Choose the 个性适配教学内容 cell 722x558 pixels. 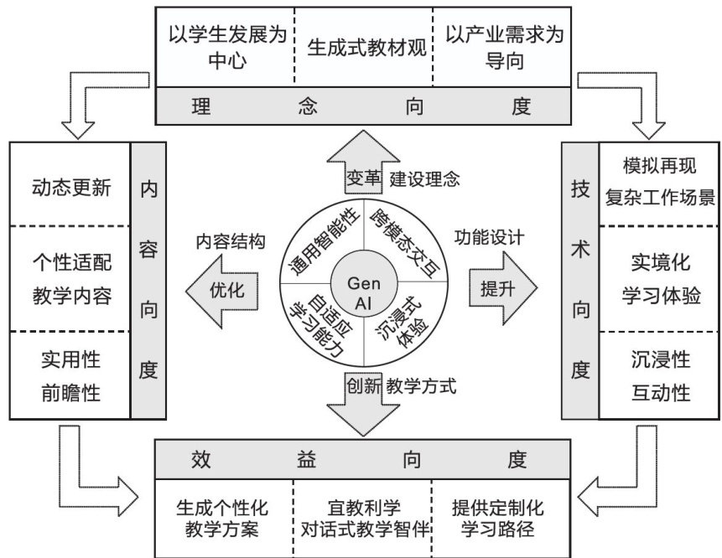pyautogui.click(x=70, y=278)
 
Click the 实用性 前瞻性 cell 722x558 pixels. pyautogui.click(x=70, y=375)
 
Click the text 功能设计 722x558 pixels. pyautogui.click(x=489, y=238)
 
